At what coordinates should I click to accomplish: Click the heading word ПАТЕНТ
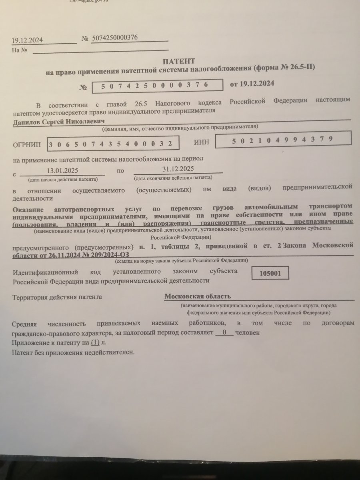coord(179,61)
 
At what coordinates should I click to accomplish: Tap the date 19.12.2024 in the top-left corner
coord(27,40)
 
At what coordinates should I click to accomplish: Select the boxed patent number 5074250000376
coord(157,86)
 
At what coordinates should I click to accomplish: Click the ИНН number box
coord(283,139)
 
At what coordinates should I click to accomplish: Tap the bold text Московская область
coord(198,296)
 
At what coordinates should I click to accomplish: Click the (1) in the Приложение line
coord(95,343)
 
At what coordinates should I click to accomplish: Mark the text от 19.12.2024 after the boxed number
coord(252,84)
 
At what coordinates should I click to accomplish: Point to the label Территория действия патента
coord(57,297)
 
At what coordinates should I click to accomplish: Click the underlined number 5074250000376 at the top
coord(115,38)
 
